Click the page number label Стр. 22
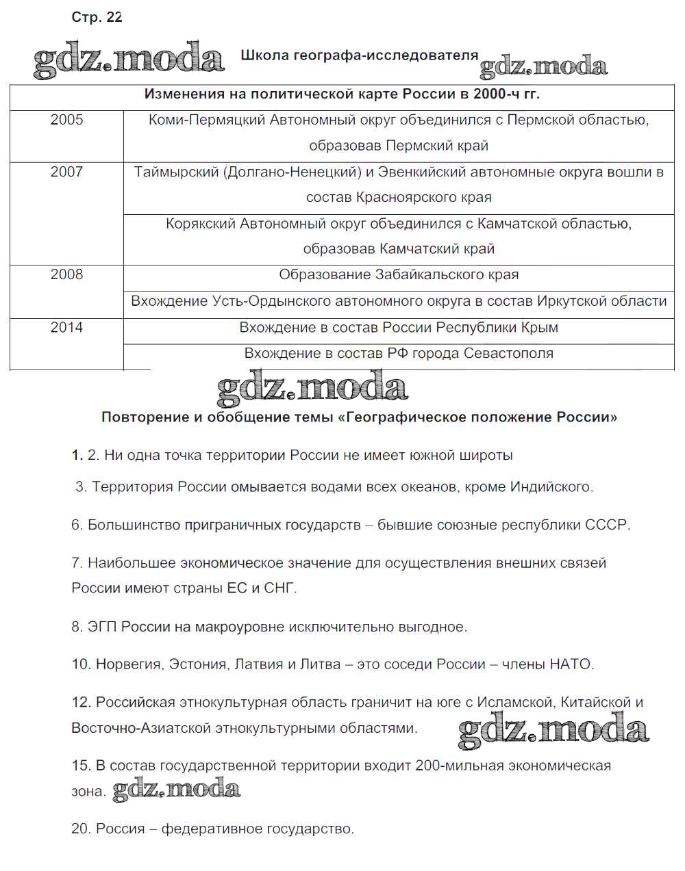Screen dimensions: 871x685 click(97, 18)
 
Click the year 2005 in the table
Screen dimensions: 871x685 click(66, 120)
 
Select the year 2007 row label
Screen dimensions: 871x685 click(66, 172)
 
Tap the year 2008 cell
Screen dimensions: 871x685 click(66, 274)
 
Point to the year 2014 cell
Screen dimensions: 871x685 click(66, 327)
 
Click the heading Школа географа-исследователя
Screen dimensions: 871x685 click(359, 56)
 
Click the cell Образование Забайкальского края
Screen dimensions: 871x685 click(399, 275)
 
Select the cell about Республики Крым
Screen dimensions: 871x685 click(399, 328)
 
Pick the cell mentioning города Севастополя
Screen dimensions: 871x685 click(399, 354)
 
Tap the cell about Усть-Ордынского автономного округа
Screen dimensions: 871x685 click(399, 301)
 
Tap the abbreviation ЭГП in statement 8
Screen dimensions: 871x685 click(102, 627)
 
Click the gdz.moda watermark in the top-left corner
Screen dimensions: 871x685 click(129, 60)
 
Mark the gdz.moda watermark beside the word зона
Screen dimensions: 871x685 click(176, 790)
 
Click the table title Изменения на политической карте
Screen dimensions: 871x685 click(342, 94)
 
